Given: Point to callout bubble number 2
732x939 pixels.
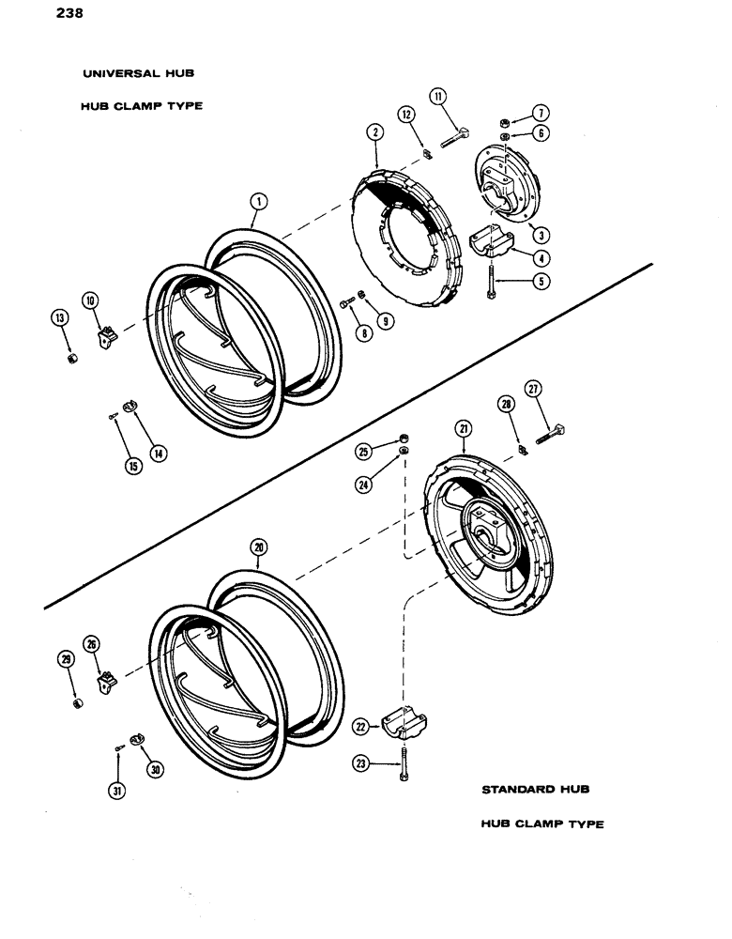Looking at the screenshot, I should pos(375,133).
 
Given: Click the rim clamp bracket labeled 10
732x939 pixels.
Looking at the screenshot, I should pos(108,333).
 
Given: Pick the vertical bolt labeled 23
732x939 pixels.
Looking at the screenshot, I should pos(403,765).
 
